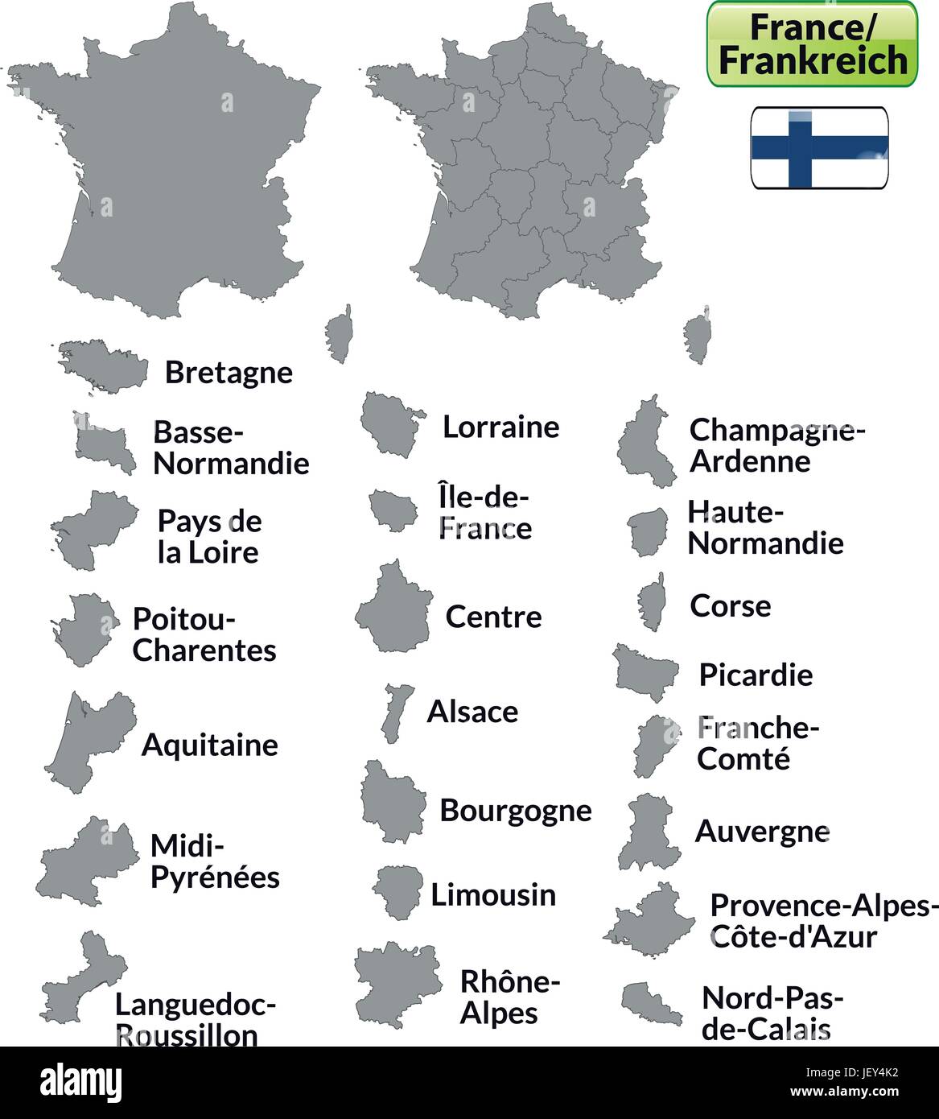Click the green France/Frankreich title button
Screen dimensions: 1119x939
pos(811,43)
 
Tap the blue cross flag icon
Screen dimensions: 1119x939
pos(819,148)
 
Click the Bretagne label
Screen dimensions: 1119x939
pos(229,372)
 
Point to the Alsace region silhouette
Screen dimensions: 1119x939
pos(395,712)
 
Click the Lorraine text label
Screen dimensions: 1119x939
pos(500,427)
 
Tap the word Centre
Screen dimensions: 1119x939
pos(493,617)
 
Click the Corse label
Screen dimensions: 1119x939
pos(730,605)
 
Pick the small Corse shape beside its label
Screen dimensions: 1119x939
pos(652,602)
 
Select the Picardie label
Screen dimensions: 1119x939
pos(756,675)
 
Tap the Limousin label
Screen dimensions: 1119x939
pos(493,894)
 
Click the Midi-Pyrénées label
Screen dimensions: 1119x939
pos(215,861)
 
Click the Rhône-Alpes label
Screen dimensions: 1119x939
pos(509,997)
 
